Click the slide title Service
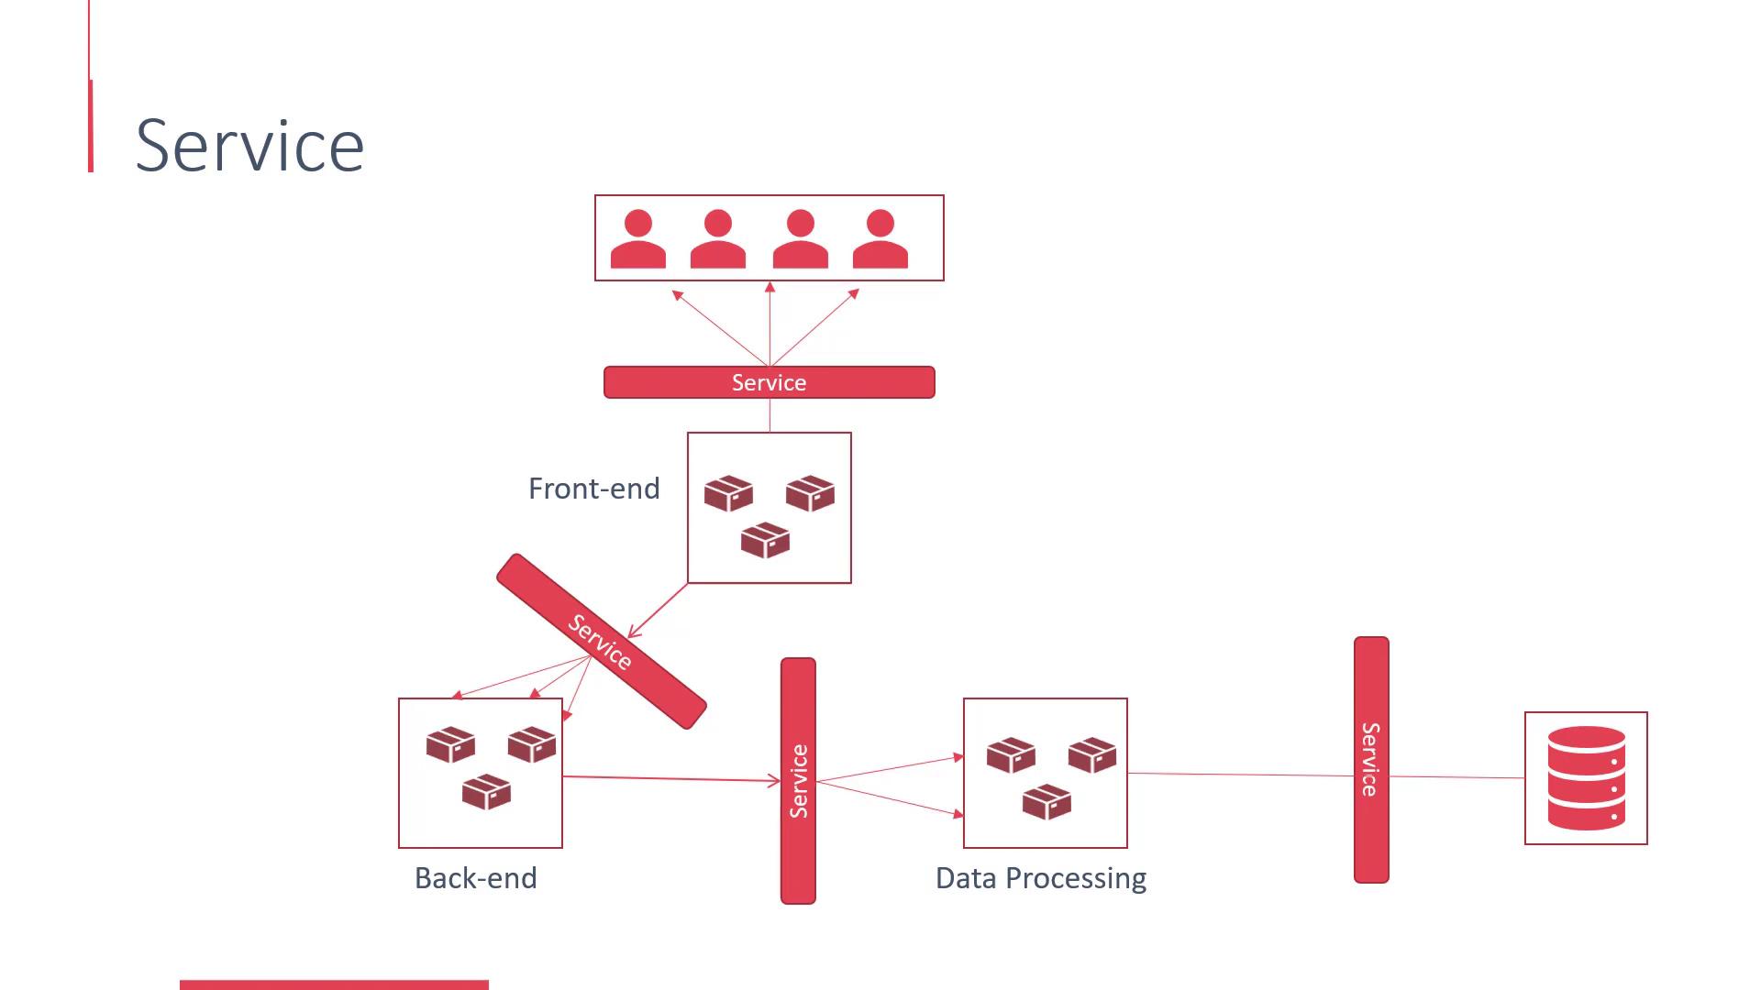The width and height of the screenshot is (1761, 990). [249, 145]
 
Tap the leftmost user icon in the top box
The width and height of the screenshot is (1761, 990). [638, 239]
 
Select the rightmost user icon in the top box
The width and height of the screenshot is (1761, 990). [880, 239]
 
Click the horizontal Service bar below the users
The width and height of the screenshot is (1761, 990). [769, 382]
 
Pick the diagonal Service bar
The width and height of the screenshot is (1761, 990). [601, 641]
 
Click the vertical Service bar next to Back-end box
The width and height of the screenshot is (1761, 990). [798, 781]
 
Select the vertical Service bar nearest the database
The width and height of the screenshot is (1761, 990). [1371, 760]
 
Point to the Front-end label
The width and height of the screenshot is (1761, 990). [593, 489]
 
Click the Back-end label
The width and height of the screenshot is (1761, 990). [475, 878]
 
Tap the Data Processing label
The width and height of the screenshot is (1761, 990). [1040, 878]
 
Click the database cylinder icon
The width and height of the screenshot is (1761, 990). [1586, 778]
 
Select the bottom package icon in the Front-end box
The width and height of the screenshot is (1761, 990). [765, 540]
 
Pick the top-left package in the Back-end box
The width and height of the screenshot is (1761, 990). [450, 744]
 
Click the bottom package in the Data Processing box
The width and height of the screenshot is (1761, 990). [1047, 802]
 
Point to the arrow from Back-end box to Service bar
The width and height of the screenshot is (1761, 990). [670, 778]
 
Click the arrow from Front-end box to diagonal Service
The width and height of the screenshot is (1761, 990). [659, 610]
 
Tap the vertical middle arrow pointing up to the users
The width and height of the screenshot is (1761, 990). [770, 325]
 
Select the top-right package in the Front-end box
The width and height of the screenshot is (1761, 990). [810, 492]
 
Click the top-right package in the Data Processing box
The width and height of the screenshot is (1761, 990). [1092, 754]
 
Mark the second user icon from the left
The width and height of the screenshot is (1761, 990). [718, 239]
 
